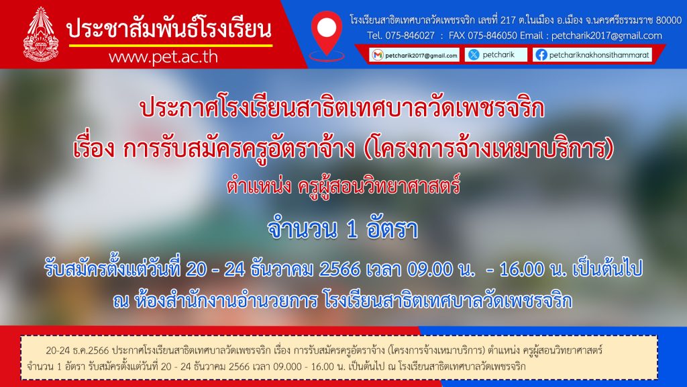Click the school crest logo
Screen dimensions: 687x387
point(41,34)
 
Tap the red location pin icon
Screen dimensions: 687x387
point(327,34)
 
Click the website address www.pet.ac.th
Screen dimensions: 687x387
point(163,57)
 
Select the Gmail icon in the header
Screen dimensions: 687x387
point(377,55)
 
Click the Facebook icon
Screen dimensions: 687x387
point(541,55)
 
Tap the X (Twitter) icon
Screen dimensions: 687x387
point(474,54)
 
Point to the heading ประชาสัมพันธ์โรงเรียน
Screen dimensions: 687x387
point(169,29)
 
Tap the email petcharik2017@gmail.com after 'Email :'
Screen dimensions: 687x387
point(606,36)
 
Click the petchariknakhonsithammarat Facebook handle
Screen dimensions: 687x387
point(599,55)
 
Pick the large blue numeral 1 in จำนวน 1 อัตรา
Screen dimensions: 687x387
point(352,230)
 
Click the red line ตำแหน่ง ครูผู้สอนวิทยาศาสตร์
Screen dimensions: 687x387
point(343,185)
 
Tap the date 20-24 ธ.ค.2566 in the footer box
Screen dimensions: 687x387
point(77,351)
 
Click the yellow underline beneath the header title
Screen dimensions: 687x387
point(170,45)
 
